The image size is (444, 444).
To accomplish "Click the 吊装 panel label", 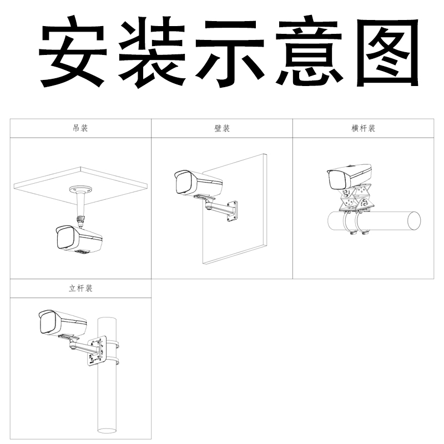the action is click(x=80, y=128).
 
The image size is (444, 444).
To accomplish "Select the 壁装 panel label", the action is click(x=222, y=128).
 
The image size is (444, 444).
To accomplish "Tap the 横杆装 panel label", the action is click(x=364, y=128).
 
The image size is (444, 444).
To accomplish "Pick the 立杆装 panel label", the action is click(x=80, y=289).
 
